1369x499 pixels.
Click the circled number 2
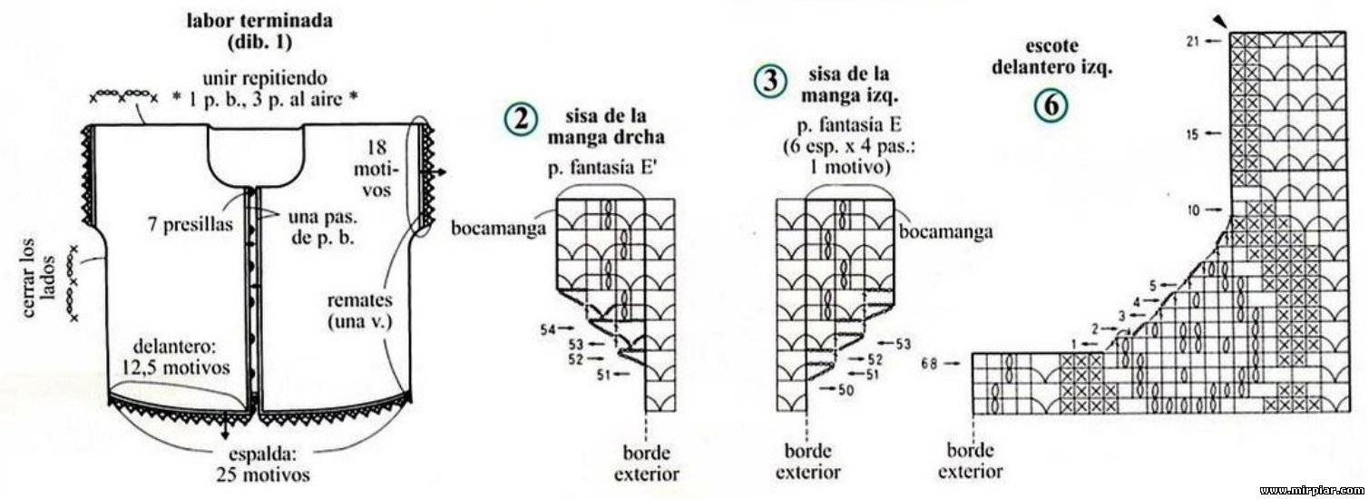[521, 119]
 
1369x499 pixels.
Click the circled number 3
[770, 81]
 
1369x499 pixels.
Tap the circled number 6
[1051, 105]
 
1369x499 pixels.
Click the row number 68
[929, 364]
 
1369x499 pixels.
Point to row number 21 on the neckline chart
[1192, 42]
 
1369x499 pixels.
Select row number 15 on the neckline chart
[1192, 134]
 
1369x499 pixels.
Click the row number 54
[547, 329]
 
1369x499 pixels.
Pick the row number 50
[846, 389]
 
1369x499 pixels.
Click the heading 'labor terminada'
[259, 20]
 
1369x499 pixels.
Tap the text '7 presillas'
[191, 224]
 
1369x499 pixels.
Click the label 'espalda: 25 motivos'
[263, 465]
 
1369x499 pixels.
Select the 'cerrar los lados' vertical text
[39, 277]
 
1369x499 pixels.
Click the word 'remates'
[359, 300]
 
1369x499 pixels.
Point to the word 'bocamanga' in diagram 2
[498, 228]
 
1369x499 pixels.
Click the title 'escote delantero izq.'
[1051, 57]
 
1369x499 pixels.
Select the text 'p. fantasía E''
[602, 168]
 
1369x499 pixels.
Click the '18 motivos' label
[376, 168]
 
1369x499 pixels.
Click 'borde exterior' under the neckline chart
[971, 461]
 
